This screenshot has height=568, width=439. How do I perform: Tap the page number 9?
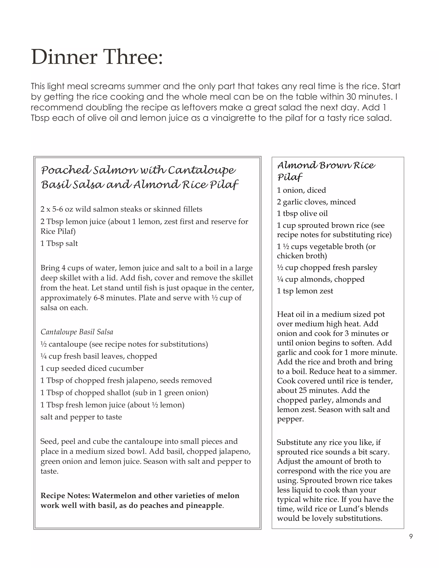pos(411,536)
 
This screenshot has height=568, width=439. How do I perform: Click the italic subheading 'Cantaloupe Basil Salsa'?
pos(77,332)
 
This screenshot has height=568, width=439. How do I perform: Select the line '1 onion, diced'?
pos(301,190)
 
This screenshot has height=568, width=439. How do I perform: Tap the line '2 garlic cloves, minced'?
pos(316,202)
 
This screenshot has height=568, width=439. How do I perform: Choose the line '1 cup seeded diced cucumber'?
pos(92,368)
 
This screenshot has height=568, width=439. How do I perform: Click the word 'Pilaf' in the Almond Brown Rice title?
pos(289,177)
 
